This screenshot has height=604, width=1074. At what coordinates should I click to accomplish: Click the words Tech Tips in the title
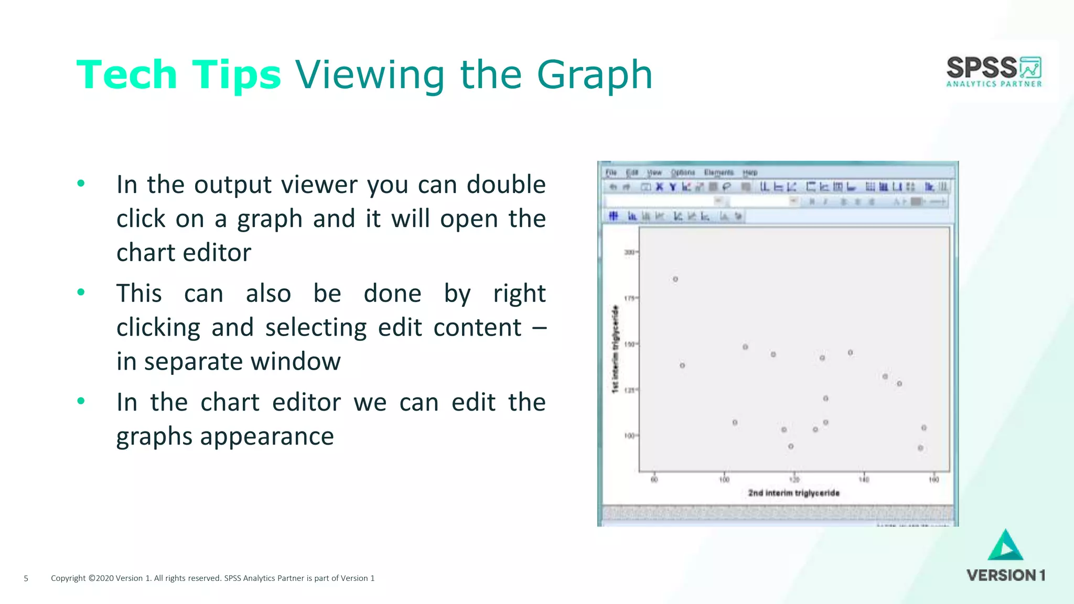[179, 74]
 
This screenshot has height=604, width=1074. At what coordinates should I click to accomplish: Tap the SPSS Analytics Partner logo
[994, 71]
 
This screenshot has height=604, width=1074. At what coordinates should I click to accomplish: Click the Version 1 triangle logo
[1005, 546]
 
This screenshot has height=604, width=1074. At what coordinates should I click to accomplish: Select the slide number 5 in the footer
[26, 578]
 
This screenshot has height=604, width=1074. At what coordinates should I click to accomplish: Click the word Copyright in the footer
[68, 578]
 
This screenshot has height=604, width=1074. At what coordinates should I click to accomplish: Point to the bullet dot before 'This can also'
[81, 292]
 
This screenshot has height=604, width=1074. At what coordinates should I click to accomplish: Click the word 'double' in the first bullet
[506, 185]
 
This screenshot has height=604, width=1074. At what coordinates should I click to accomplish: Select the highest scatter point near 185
[675, 279]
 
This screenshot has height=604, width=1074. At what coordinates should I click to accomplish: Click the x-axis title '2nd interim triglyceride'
[793, 493]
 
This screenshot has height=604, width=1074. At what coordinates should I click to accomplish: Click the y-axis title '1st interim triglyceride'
[615, 348]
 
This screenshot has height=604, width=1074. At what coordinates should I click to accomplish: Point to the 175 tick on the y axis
[629, 298]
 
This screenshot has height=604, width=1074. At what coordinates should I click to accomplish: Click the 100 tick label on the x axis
[724, 480]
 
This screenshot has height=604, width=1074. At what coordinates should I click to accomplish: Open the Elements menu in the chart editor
[718, 172]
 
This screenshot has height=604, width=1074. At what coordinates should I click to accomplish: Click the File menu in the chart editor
[611, 172]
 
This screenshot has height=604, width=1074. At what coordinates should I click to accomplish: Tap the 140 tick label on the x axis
[864, 480]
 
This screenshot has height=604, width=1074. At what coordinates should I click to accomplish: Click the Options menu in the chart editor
[683, 172]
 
